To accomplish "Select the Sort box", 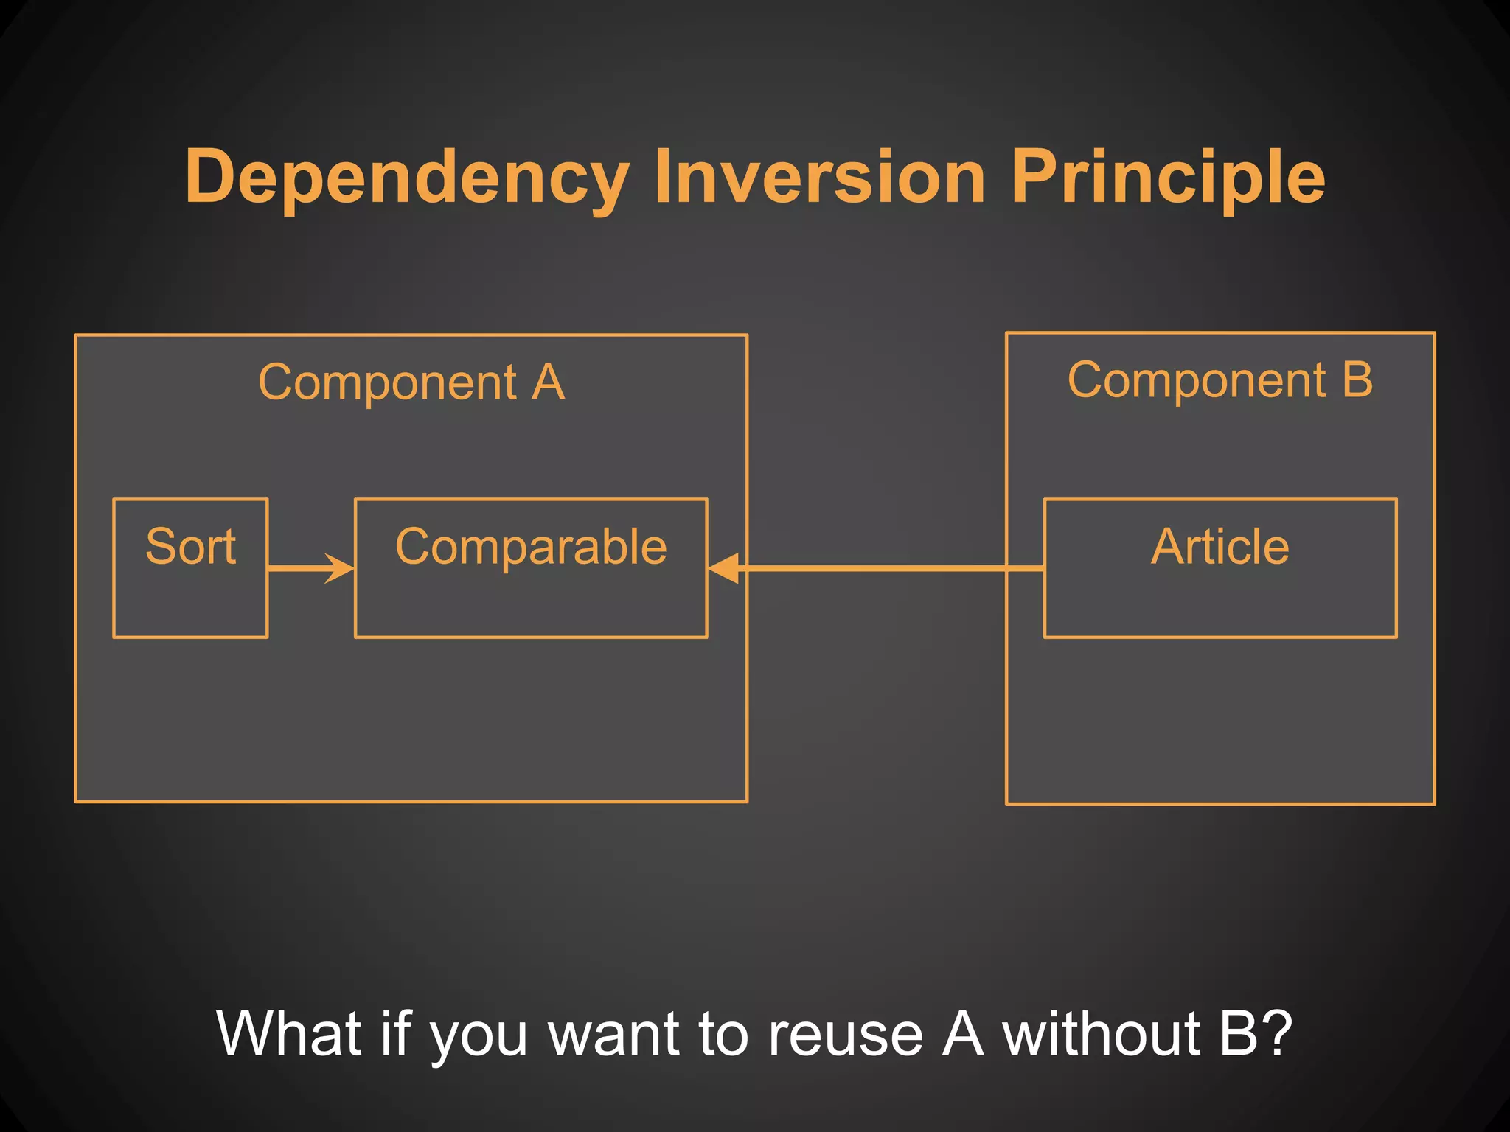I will [x=190, y=567].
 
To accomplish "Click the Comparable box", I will [x=531, y=567].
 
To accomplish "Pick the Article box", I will [x=1220, y=567].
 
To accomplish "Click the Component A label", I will [x=411, y=383].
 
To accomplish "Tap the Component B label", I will [x=1220, y=381].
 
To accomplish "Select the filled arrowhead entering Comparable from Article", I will [x=723, y=568].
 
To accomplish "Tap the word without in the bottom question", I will [x=1103, y=1034].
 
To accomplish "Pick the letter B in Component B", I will [x=1357, y=381].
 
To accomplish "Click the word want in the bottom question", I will [x=615, y=1034].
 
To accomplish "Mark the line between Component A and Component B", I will [x=877, y=568].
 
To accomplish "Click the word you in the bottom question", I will [x=479, y=1039].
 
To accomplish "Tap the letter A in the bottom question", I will [x=963, y=1034].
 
